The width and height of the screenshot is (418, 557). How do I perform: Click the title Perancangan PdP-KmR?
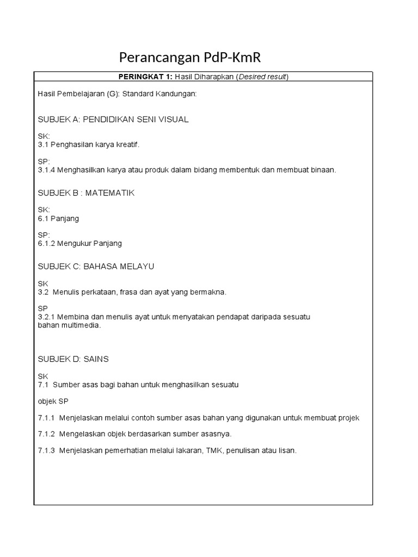coord(194,57)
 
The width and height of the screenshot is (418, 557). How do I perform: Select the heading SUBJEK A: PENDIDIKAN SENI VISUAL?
coord(113,119)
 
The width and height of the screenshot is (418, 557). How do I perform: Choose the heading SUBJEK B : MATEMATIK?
coord(86,193)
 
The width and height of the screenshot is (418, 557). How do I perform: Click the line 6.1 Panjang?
coord(58,218)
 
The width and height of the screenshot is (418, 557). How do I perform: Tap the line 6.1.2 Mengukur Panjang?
coord(80,243)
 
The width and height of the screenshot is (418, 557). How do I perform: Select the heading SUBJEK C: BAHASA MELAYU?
coord(96,267)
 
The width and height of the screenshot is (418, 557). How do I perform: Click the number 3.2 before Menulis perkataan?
coord(44,292)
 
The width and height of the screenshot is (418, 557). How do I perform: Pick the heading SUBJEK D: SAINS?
coord(73,359)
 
